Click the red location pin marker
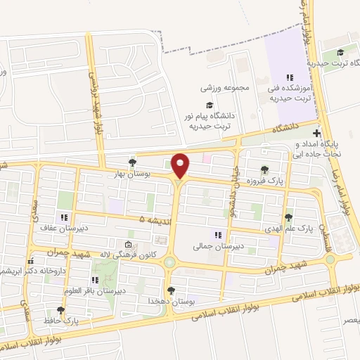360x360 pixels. (x=181, y=165)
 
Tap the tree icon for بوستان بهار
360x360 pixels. (x=131, y=163)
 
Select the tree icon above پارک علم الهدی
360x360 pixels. (x=288, y=217)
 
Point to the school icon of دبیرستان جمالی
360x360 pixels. (x=217, y=235)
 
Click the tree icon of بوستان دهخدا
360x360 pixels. (x=170, y=290)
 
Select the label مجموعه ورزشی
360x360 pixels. (x=225, y=89)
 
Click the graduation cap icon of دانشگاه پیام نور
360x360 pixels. (x=209, y=105)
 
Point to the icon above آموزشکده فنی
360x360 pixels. (x=288, y=77)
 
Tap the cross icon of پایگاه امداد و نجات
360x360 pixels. (x=317, y=133)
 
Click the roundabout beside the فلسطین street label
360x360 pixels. (x=330, y=259)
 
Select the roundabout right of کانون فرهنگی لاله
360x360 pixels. (x=170, y=262)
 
